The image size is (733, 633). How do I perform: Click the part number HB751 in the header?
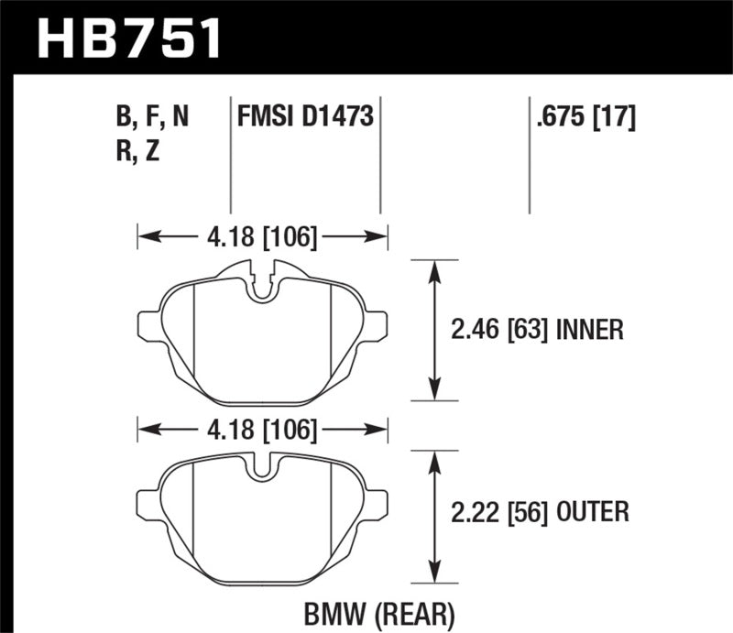coord(127,38)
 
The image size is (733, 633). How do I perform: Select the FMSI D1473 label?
coord(304,117)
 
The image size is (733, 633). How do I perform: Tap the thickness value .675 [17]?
coord(583,117)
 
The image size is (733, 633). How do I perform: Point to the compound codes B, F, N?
coord(154,117)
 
